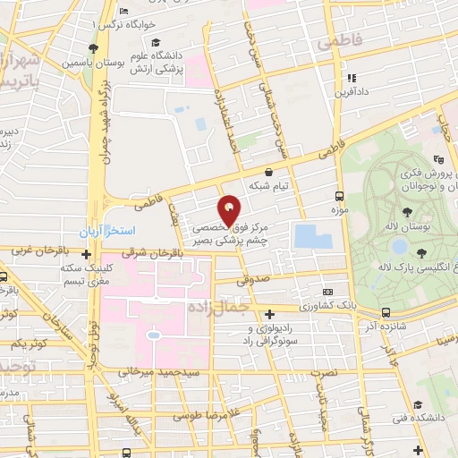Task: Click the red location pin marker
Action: [x=230, y=209]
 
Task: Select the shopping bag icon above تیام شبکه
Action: [x=269, y=171]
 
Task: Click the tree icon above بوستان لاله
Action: [x=408, y=212]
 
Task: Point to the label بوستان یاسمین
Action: [x=87, y=64]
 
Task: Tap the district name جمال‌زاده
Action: [x=214, y=308]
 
